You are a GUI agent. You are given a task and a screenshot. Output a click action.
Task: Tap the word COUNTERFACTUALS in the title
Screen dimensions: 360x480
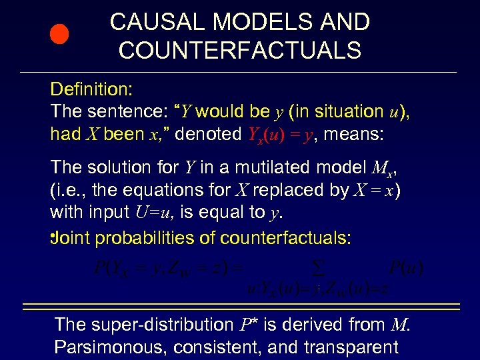(240, 50)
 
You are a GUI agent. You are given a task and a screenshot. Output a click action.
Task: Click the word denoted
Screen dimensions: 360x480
(207, 134)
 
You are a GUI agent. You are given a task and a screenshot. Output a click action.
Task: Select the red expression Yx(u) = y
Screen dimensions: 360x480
(281, 135)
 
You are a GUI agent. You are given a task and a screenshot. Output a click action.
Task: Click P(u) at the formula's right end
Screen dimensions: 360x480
(406, 269)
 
